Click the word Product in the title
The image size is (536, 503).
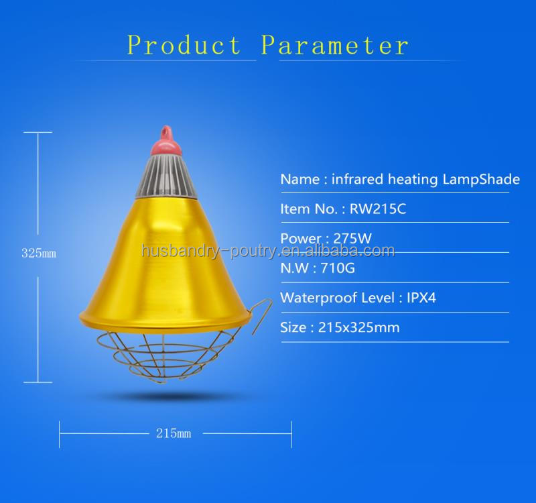184,45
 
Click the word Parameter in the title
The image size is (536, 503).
334,45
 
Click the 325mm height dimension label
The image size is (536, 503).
39,254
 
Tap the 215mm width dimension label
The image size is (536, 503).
174,433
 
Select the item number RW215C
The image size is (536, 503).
378,209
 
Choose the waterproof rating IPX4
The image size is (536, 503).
421,298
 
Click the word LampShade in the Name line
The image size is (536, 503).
481,179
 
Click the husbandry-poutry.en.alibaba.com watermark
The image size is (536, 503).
268,251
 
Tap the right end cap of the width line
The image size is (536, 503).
291,434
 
